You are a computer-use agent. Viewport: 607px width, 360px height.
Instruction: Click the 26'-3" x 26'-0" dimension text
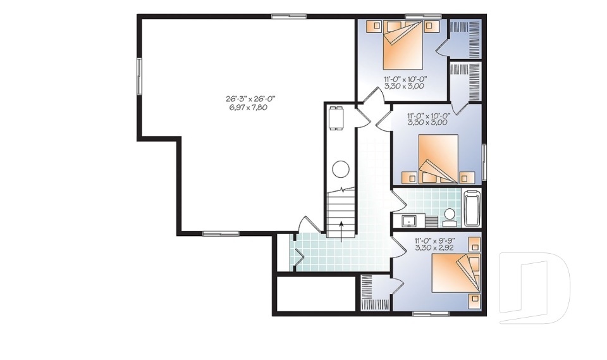coord(251,99)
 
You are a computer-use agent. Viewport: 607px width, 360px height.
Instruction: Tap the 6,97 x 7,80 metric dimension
coord(251,108)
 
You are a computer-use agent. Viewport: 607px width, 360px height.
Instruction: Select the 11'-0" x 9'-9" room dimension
coord(435,241)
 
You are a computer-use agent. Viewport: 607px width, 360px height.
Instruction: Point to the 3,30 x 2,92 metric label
coord(435,249)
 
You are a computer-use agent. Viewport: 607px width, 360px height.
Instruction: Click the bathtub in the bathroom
coord(472,208)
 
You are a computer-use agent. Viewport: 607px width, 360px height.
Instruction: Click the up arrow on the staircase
coord(342,230)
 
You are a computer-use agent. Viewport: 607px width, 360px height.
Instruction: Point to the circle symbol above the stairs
coord(341,169)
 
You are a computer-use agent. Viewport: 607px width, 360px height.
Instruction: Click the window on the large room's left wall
coord(138,76)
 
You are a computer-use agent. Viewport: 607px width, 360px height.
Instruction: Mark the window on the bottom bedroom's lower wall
coord(431,313)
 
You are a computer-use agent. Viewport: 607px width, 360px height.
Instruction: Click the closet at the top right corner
coord(467,38)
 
